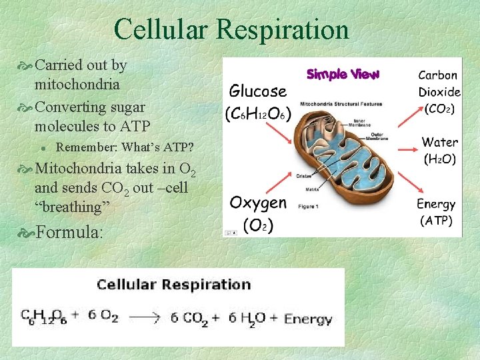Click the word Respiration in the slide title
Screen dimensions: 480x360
(289, 29)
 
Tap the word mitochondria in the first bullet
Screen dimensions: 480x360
(77, 85)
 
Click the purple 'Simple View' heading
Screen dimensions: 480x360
(342, 74)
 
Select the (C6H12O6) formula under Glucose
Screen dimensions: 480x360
(258, 113)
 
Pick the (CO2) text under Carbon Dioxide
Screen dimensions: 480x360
(439, 108)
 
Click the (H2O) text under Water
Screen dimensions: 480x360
(439, 159)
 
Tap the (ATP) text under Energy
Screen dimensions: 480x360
(436, 221)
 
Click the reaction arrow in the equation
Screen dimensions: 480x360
(144, 318)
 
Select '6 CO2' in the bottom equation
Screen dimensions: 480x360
(186, 318)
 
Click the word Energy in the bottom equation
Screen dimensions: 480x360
(308, 319)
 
